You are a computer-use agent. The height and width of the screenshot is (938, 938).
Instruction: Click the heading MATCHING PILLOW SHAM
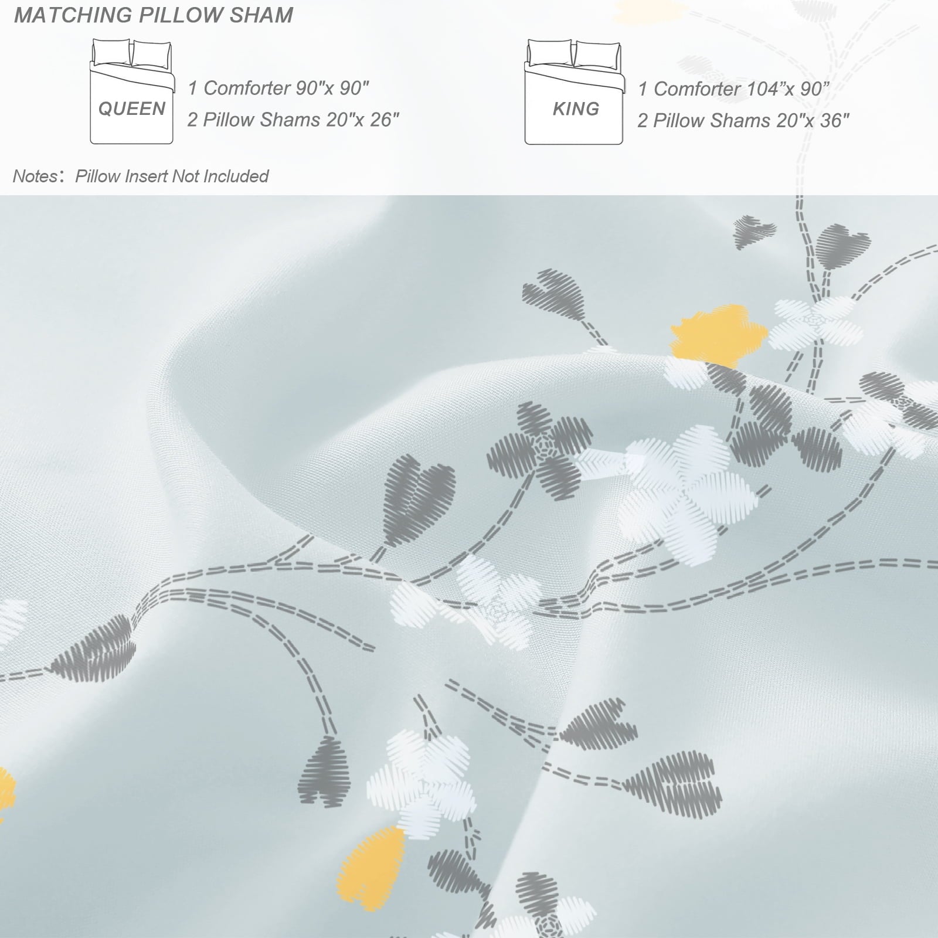click(154, 15)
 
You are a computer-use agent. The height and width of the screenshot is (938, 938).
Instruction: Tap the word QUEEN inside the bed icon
click(132, 108)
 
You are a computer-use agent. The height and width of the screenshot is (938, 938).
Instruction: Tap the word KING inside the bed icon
click(576, 108)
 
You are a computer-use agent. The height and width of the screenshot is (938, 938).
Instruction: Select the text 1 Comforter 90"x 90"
click(278, 89)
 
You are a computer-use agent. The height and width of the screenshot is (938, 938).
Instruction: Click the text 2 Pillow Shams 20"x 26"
click(293, 120)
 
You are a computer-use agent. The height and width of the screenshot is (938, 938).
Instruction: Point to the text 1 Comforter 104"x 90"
click(733, 89)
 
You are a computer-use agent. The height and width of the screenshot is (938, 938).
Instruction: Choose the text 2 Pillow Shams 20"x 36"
click(743, 121)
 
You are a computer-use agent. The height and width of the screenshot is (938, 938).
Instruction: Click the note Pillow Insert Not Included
click(172, 176)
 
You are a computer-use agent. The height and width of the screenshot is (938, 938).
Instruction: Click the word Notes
click(35, 176)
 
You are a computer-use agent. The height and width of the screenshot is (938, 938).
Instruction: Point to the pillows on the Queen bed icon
click(131, 53)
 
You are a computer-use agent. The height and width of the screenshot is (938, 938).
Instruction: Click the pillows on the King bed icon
click(573, 53)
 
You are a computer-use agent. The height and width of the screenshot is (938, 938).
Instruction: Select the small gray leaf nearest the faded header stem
click(755, 230)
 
